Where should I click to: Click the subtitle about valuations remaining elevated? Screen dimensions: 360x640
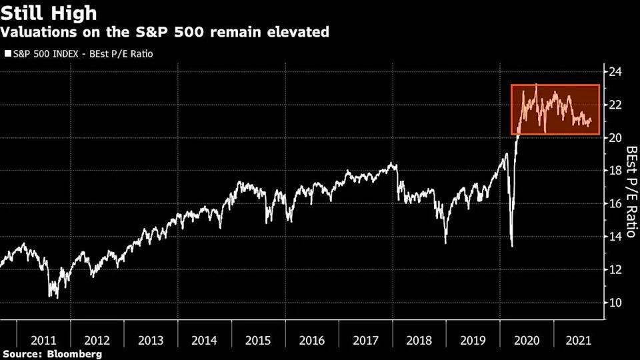point(166,31)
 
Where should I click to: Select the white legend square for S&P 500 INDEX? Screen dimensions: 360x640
point(7,53)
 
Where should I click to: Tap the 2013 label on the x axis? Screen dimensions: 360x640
point(151,340)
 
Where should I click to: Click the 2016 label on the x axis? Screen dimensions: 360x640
point(312,340)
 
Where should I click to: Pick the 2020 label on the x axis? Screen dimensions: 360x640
point(527,340)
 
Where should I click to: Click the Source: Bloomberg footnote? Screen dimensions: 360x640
point(52,355)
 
